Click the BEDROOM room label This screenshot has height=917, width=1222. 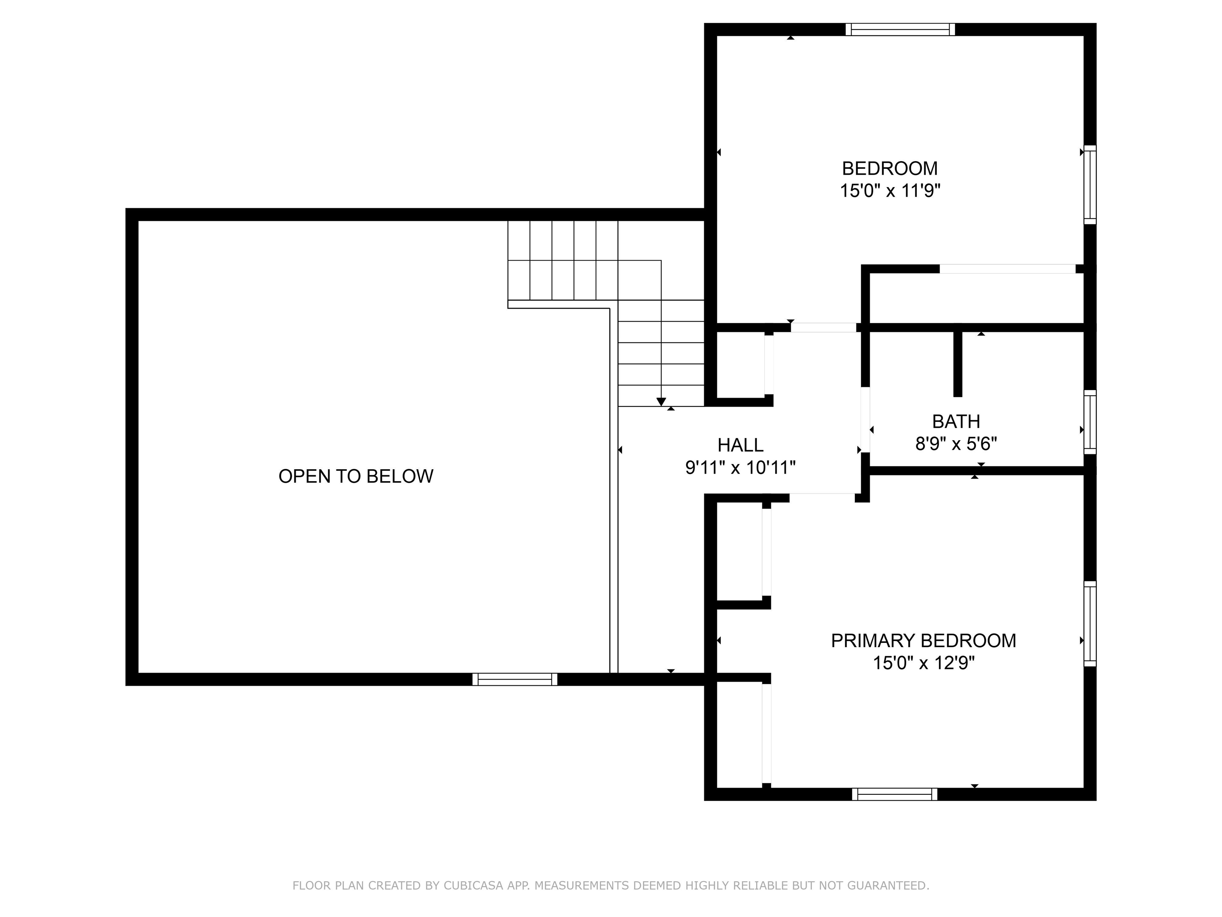point(889,168)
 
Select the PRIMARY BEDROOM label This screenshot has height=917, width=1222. point(923,641)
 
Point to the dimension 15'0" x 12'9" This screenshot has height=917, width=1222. point(923,663)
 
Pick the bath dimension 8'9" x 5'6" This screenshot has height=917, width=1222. point(956,444)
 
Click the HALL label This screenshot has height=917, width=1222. point(740,445)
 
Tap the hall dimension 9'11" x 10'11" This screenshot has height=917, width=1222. point(740,468)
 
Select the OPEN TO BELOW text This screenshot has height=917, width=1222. point(356,476)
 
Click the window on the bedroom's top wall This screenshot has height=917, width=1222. point(900,29)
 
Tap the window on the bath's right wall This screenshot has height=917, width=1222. point(1090,422)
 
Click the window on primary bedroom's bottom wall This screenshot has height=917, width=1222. point(894,794)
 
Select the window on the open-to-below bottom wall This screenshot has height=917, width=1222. point(514,679)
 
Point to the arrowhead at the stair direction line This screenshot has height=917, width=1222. point(661,402)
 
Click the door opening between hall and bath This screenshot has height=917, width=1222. point(866,420)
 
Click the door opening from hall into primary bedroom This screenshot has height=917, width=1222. point(822,497)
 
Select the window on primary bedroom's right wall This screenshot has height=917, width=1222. point(1090,624)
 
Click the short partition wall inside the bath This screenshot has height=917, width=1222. point(958,364)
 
